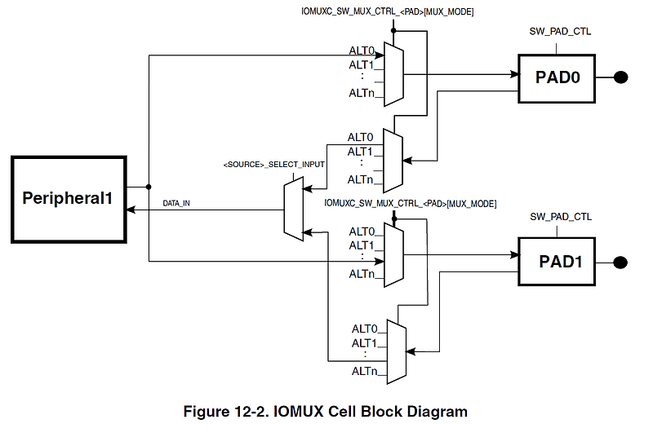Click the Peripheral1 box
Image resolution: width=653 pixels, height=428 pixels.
pos(67,197)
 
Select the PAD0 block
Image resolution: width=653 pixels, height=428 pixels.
pos(557,77)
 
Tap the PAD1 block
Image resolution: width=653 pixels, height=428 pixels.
pos(557,262)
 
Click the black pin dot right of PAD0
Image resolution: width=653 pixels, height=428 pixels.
pos(620,77)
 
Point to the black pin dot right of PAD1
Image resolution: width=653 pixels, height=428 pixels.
pos(620,262)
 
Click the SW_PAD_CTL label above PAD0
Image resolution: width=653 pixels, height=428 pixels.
pos(560,32)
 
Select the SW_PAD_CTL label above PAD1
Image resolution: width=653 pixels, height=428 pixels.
pos(560,216)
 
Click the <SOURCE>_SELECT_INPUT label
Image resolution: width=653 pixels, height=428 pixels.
pos(273,164)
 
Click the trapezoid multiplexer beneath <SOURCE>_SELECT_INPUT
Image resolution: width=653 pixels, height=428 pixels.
pos(292,210)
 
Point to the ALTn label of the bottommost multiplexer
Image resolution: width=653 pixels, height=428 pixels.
pos(364,372)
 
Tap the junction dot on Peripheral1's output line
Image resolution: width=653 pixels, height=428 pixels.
pos(149,186)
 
